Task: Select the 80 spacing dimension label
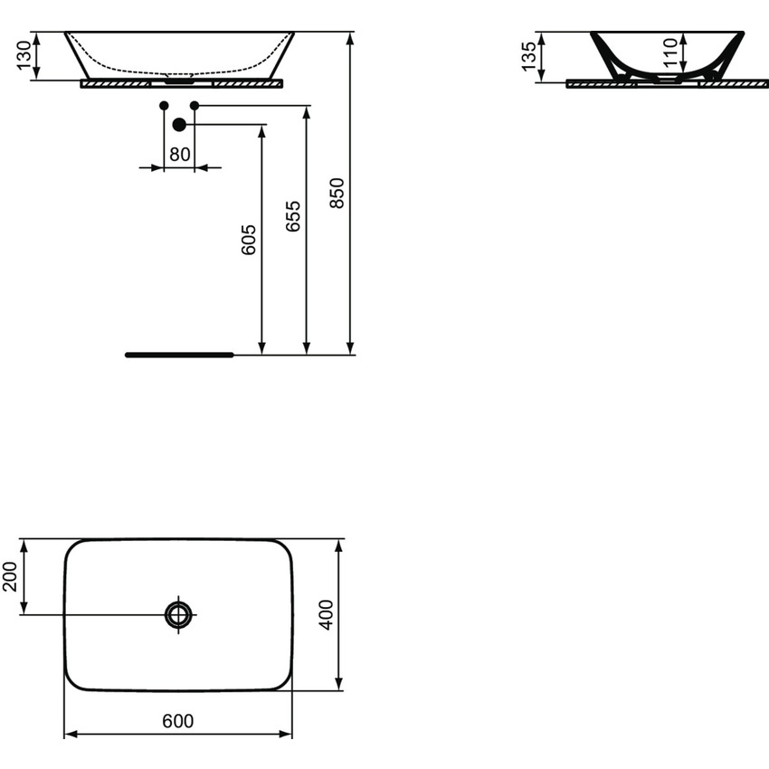180,155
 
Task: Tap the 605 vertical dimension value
250,240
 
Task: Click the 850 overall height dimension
337,193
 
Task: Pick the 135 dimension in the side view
530,57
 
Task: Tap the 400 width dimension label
327,614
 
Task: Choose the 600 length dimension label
178,721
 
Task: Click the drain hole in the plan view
179,615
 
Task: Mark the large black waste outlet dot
179,125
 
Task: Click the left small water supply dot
164,106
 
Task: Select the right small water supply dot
195,106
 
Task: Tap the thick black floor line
179,355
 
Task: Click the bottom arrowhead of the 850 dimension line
350,348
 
